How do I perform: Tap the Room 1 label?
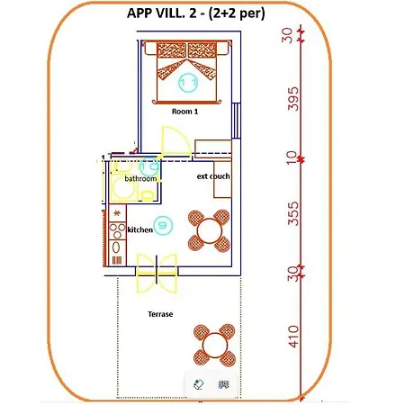tap(184, 112)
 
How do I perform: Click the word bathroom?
tap(140, 179)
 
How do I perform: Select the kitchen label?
tap(140, 230)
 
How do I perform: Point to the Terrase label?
tap(160, 314)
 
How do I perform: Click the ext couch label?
tap(213, 176)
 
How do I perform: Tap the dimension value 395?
tap(293, 99)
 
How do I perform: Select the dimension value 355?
tap(293, 213)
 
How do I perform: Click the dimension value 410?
tap(293, 337)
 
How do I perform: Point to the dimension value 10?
tap(292, 158)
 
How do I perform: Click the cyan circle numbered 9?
tap(163, 225)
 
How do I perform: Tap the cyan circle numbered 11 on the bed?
tap(188, 83)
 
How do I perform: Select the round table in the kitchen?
tap(210, 230)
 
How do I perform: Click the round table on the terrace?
tap(214, 345)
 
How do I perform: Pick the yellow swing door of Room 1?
tap(176, 141)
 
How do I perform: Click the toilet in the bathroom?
tap(148, 195)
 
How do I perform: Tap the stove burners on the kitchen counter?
tap(117, 231)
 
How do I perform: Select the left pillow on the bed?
tap(172, 49)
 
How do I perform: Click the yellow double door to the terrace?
tap(157, 274)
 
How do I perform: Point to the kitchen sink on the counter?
tap(116, 247)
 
